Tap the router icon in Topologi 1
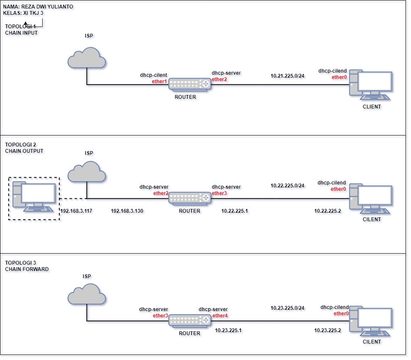(190, 84)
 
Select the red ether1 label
(160, 81)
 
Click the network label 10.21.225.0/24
(287, 76)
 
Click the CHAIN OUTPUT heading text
(24, 151)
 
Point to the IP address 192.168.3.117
(76, 210)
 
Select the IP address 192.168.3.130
(127, 210)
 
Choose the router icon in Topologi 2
(190, 198)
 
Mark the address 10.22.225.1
(234, 210)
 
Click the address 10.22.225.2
(327, 210)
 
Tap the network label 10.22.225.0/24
(287, 186)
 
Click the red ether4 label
(220, 315)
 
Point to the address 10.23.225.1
(228, 330)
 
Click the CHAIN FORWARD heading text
(27, 269)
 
